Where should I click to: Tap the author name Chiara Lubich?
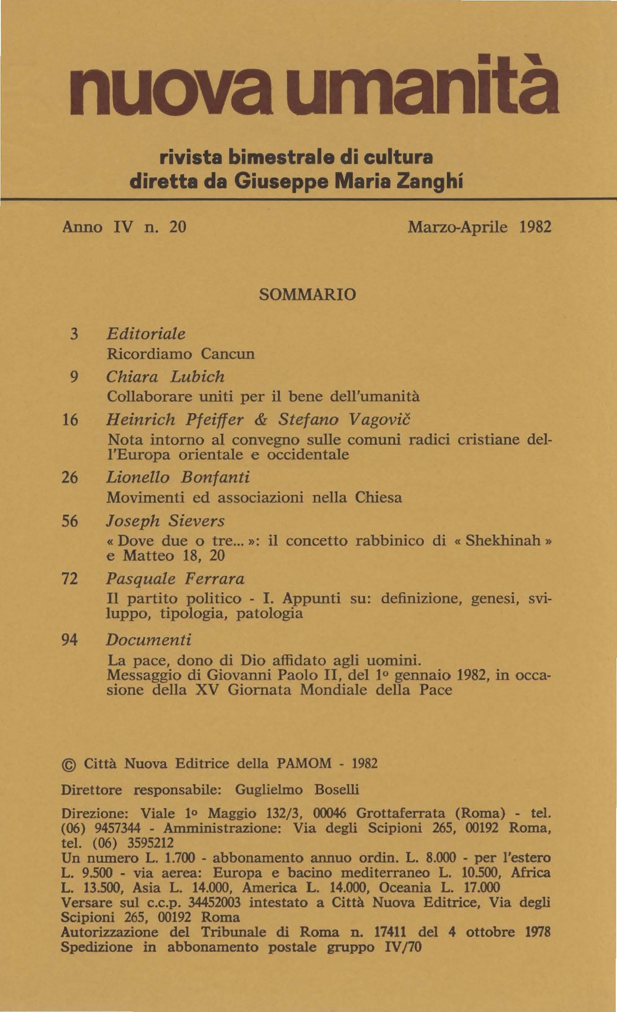click(166, 377)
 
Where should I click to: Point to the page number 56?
click(70, 521)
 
